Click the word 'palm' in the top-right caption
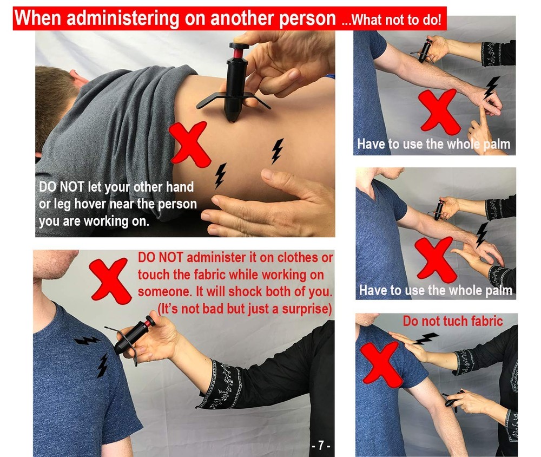[x=494, y=145]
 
